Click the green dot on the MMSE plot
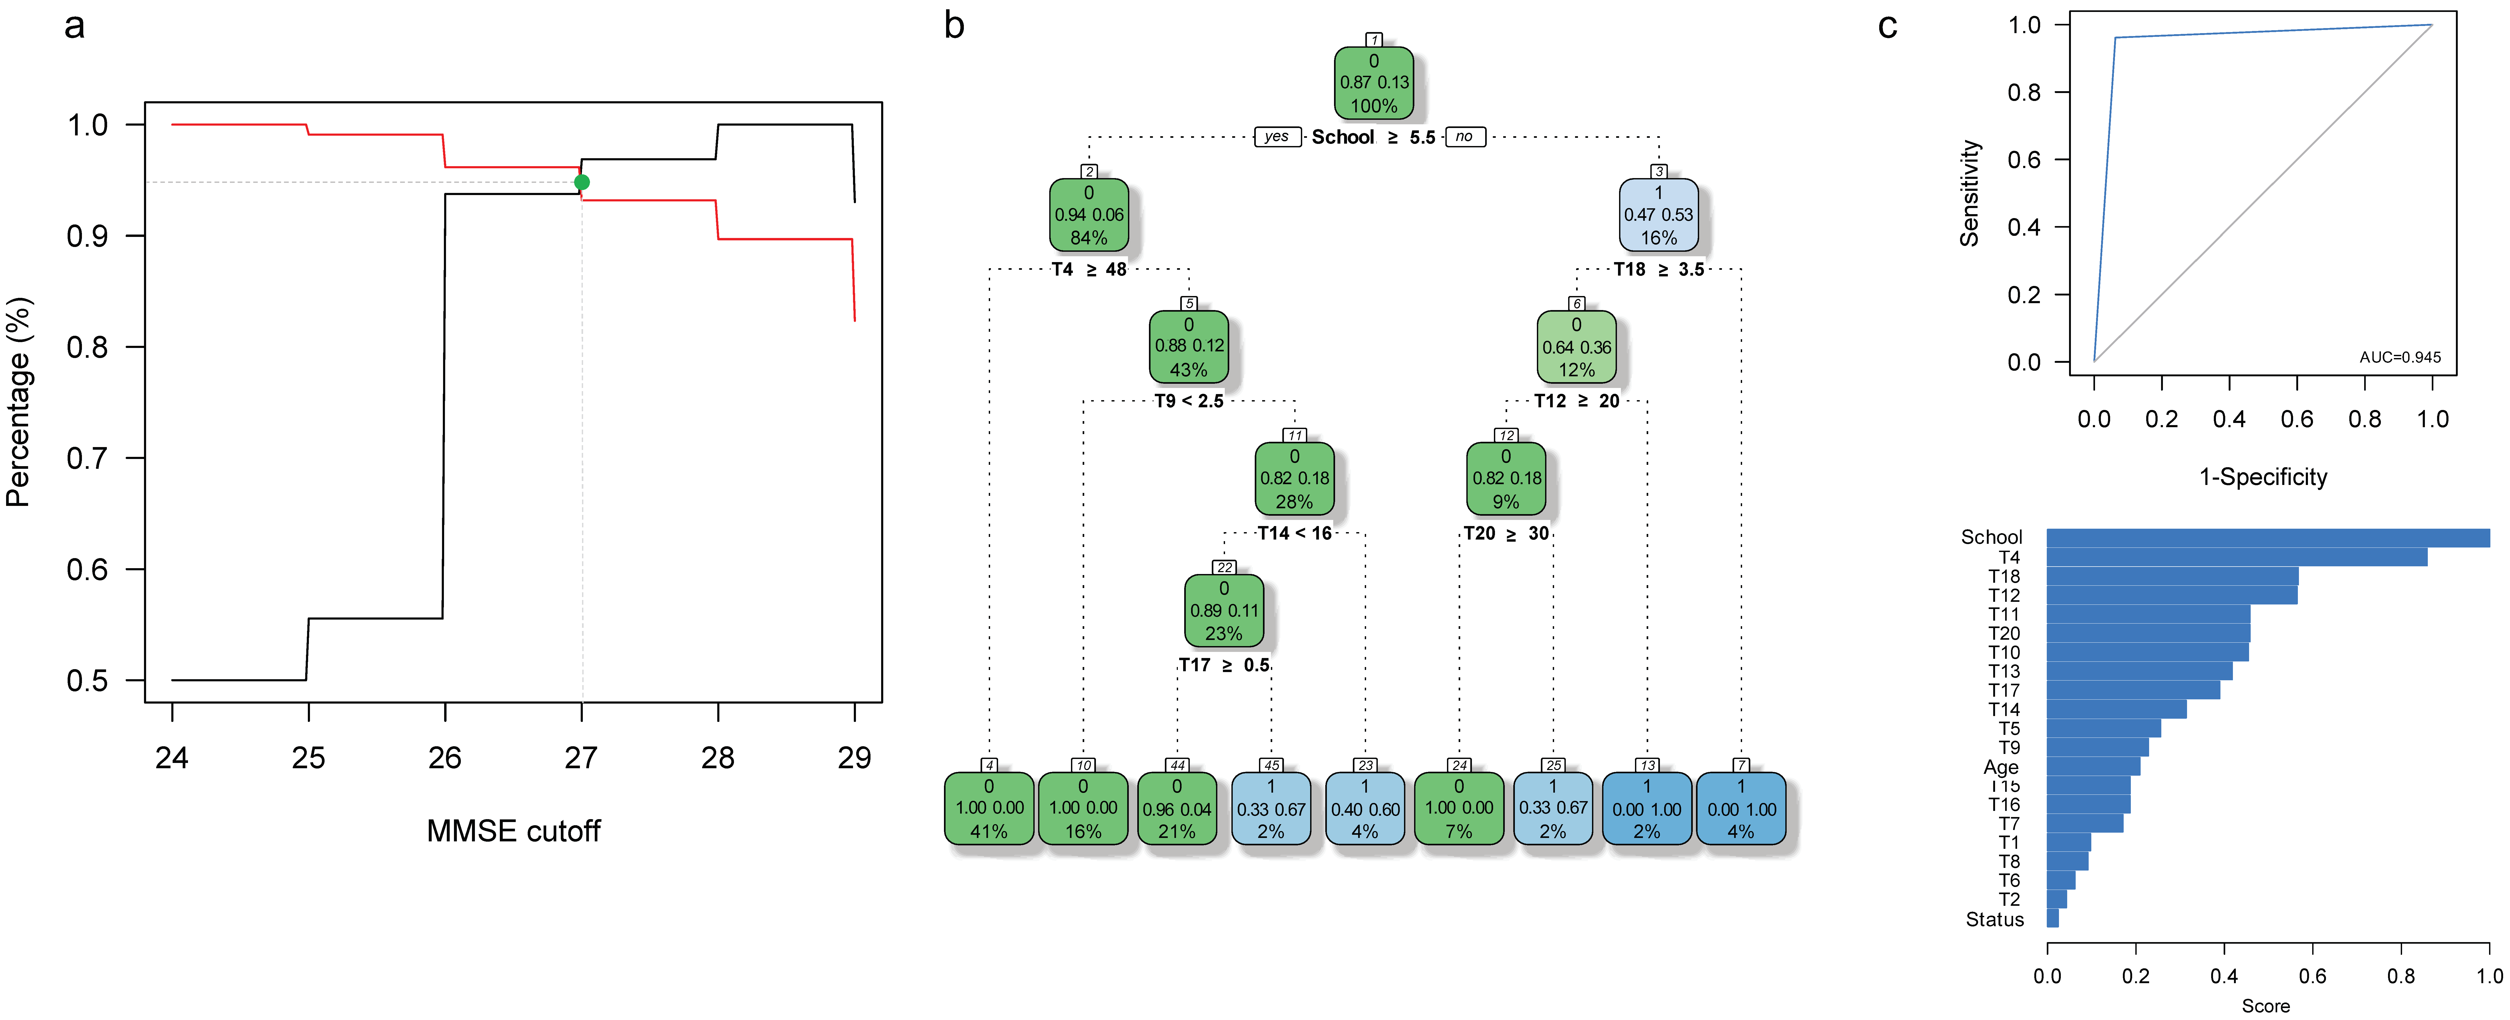tap(582, 182)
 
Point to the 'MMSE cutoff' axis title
tap(514, 831)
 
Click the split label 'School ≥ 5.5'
tap(1373, 137)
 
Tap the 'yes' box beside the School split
tap(1276, 136)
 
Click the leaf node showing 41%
tap(989, 809)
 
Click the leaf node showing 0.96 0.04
tap(1177, 809)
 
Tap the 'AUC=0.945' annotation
tap(2400, 357)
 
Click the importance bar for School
tap(2267, 538)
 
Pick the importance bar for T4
tap(2236, 557)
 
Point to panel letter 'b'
tap(954, 26)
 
